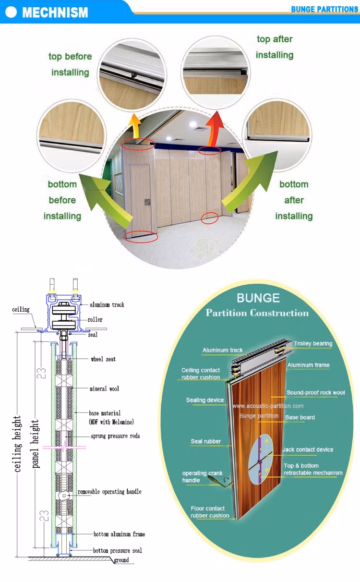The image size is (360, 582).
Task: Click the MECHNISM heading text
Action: [x=55, y=12]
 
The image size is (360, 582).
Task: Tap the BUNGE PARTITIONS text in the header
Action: [x=324, y=10]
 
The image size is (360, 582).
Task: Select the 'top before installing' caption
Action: [x=70, y=64]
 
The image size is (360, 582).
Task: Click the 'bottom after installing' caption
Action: [x=294, y=200]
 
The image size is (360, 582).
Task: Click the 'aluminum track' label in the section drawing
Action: [x=107, y=305]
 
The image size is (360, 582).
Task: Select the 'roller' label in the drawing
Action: [x=95, y=320]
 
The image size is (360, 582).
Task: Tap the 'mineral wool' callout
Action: [x=104, y=388]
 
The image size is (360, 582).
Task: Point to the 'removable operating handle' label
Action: [x=109, y=492]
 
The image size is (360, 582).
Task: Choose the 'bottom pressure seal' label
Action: [x=118, y=550]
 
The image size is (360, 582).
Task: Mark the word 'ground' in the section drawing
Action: [x=121, y=560]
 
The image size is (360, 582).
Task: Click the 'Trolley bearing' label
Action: [x=313, y=344]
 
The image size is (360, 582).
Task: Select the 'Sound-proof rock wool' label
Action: [x=315, y=393]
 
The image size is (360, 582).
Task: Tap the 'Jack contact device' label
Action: [x=308, y=450]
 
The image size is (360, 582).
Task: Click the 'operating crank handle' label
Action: [x=202, y=476]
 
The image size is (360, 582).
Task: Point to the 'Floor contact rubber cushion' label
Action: [x=210, y=512]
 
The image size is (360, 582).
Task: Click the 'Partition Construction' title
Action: [x=257, y=313]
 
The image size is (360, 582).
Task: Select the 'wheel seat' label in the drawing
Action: [x=103, y=359]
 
